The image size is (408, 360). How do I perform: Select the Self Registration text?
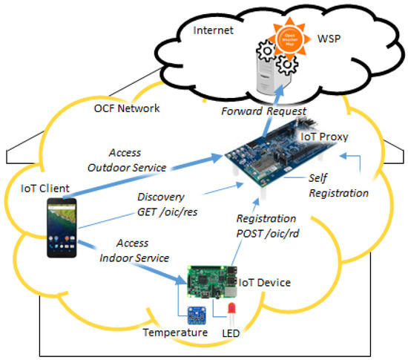(x=337, y=186)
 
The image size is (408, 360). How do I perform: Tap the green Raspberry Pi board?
(x=207, y=281)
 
